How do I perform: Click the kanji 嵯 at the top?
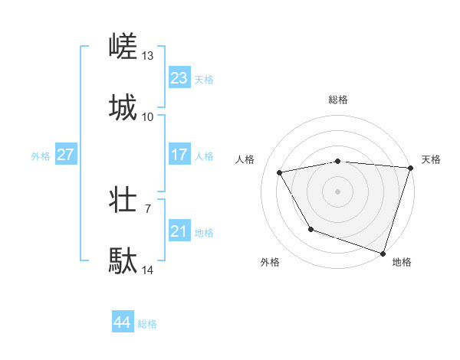coord(124,47)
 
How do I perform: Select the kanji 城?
coord(124,107)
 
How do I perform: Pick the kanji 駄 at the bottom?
coord(124,260)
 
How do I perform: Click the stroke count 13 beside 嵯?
coord(148,56)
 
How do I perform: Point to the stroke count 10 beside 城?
coord(148,116)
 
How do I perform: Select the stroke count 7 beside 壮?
coord(148,208)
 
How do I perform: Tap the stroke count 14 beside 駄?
coord(148,270)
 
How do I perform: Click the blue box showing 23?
coord(179,78)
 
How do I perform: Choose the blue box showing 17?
coord(179,155)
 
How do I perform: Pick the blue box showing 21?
coord(179,231)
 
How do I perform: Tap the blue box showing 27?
coord(65,155)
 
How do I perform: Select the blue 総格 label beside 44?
coord(148,324)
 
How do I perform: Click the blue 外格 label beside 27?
coord(41,156)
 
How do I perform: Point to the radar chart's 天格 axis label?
coord(431,159)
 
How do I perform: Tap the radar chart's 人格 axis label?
coord(245,159)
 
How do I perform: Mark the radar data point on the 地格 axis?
coord(383,253)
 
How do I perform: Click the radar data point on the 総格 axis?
coord(337,161)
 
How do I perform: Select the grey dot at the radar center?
coord(337,191)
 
